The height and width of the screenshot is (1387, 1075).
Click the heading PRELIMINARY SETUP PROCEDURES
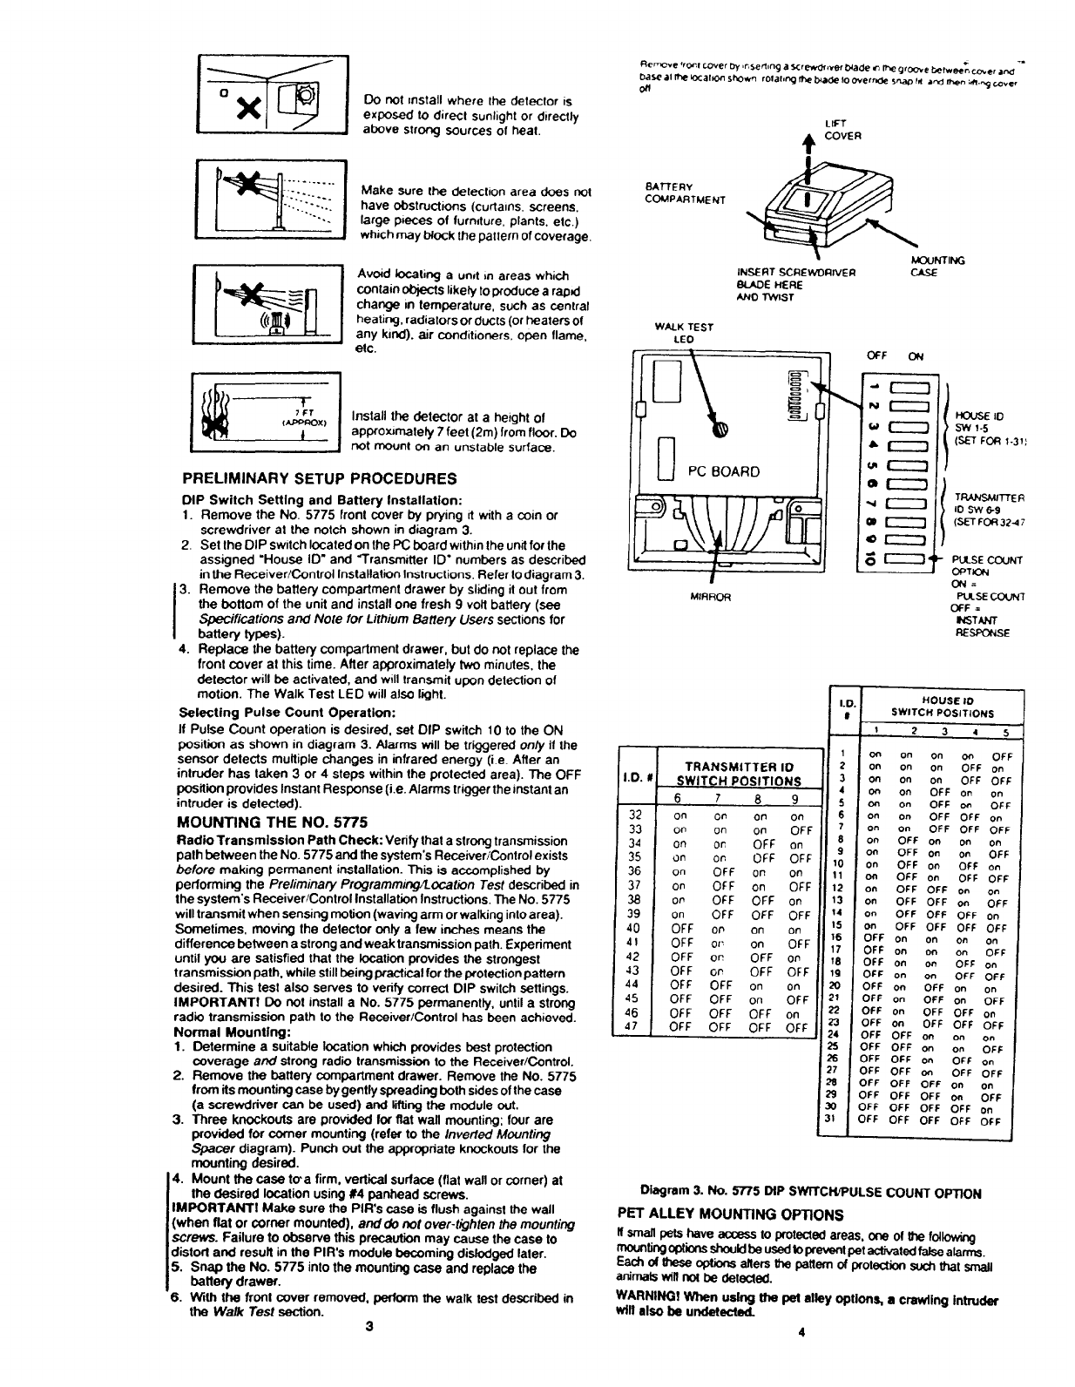pos(319,478)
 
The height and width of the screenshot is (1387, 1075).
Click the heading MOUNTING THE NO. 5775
pos(272,822)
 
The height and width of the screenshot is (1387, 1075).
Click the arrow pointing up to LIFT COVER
pos(810,148)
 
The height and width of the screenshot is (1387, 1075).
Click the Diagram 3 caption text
pos(810,1193)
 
